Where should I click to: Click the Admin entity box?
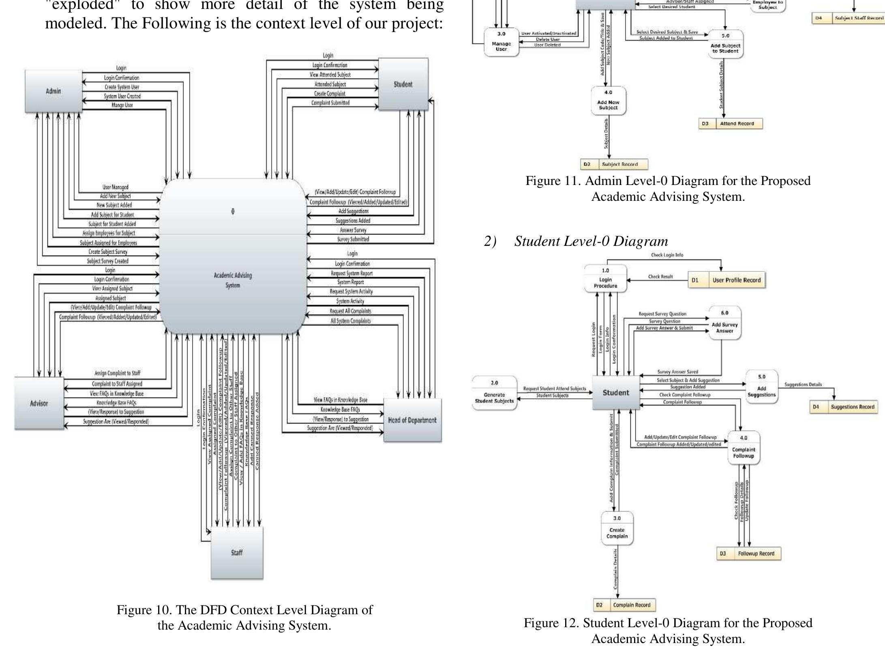pos(53,91)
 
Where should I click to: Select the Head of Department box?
pos(412,420)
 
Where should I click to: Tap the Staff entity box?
pos(237,553)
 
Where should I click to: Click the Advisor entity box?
pos(39,403)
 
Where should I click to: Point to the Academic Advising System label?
pos(233,280)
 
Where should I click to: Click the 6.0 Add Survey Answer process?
pos(724,323)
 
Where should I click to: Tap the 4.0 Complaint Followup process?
pos(744,447)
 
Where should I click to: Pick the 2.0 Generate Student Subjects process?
pos(494,393)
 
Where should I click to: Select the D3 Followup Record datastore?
pos(749,553)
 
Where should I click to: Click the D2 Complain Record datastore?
pos(624,605)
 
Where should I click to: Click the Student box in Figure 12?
pos(615,393)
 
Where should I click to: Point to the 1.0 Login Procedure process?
pos(605,278)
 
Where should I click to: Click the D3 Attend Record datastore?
pos(730,124)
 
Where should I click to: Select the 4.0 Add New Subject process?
pos(608,101)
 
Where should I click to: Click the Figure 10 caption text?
pos(244,617)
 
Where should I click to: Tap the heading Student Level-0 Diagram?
pos(591,241)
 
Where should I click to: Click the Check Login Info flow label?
pos(666,255)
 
